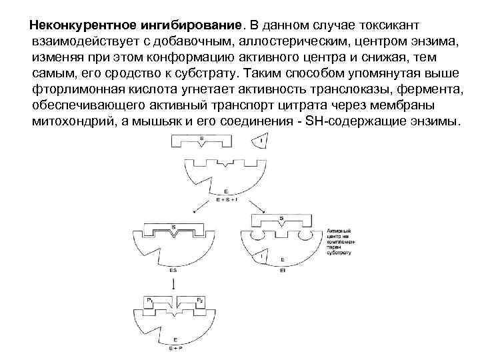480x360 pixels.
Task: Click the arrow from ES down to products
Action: coord(173,283)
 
